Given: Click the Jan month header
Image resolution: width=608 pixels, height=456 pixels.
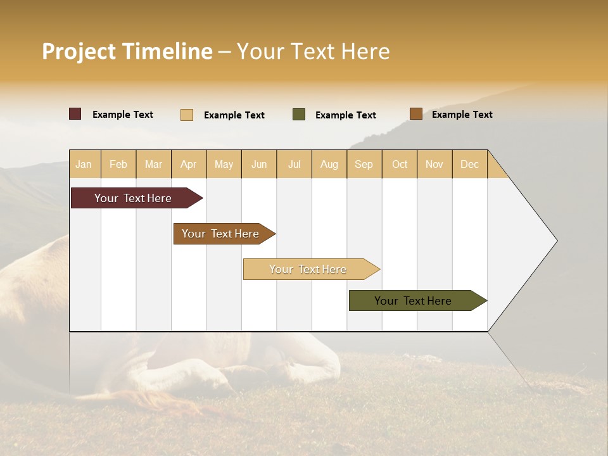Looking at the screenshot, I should point(84,164).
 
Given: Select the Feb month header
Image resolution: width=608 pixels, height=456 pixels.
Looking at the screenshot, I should point(118,164).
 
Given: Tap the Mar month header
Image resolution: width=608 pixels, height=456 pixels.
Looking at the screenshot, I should point(153,164).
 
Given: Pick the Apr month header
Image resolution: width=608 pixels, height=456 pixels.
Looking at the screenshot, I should point(189,164).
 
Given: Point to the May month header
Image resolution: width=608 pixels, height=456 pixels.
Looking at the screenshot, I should point(224,164).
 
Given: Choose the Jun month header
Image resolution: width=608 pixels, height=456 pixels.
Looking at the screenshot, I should point(259,164).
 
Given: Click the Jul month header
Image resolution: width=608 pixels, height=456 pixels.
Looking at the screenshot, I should point(294,164).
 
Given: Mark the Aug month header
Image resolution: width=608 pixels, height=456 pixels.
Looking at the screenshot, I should point(329,164).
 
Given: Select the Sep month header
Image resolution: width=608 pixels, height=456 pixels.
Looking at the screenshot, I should point(364,164).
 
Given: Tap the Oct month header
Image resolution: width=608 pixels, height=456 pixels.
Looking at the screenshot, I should point(400,164).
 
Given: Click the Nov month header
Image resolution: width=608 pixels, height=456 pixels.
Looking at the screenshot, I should point(434,164).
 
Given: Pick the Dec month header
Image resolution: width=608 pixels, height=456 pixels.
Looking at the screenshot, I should point(470,164).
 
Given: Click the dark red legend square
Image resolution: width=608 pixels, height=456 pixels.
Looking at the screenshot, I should point(75,114).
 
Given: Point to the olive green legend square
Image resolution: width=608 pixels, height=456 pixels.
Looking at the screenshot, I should point(299,115).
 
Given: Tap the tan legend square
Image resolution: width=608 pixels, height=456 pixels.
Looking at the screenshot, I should point(187,115).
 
